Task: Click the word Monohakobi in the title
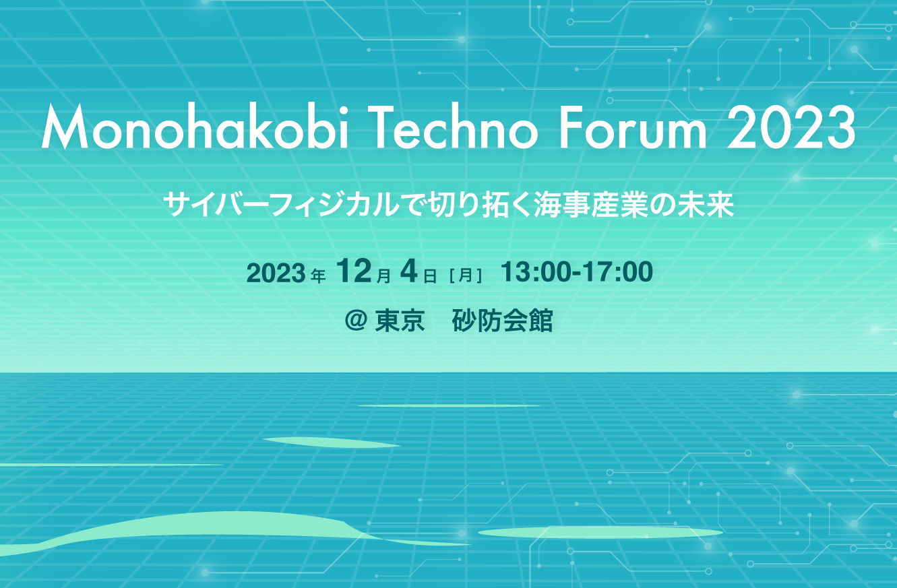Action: coord(195,126)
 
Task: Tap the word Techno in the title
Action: coord(454,127)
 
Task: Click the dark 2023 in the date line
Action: coord(276,273)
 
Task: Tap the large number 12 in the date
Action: coord(354,271)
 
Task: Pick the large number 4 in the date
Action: coord(409,271)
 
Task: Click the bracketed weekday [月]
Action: coord(466,275)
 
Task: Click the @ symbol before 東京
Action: coord(356,320)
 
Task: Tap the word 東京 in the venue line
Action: coord(400,320)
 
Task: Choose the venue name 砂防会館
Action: coord(502,320)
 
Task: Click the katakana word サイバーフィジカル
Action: coord(282,204)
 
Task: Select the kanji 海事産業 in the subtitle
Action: coord(590,204)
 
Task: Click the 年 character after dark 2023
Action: coord(318,276)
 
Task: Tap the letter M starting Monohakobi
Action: coord(65,127)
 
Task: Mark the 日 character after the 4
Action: coord(430,276)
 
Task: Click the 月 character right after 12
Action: coord(383,276)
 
